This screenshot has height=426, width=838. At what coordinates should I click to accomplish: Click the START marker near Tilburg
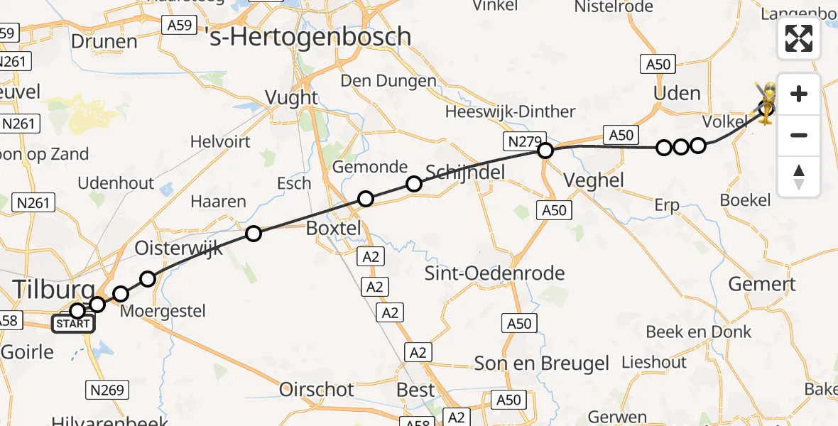coord(73,324)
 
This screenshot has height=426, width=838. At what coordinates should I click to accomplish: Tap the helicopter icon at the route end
coord(766,104)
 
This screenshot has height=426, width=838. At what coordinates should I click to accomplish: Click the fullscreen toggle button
coord(799,38)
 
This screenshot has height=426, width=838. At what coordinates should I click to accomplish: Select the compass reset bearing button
coord(799,177)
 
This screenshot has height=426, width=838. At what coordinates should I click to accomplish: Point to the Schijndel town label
coord(464,171)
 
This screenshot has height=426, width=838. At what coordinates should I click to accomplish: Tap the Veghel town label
coord(594,180)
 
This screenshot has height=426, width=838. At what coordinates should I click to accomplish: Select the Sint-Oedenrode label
coord(494,273)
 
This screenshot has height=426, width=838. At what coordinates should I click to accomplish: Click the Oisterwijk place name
coord(179,248)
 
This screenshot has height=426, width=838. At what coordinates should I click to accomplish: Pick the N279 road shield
coord(522,141)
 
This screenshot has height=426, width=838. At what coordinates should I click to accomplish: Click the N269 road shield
coord(107,389)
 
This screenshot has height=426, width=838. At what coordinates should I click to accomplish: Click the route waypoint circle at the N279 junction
coord(545,150)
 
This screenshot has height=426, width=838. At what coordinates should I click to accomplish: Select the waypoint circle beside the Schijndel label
coord(413,185)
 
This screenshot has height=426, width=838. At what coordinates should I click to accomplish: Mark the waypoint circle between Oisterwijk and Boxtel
coord(253,233)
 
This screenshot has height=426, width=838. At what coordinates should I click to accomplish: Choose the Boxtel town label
coord(334,229)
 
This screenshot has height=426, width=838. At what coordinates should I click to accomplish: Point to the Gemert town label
coord(762,285)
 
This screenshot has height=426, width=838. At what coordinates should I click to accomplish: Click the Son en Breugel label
coord(541,364)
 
